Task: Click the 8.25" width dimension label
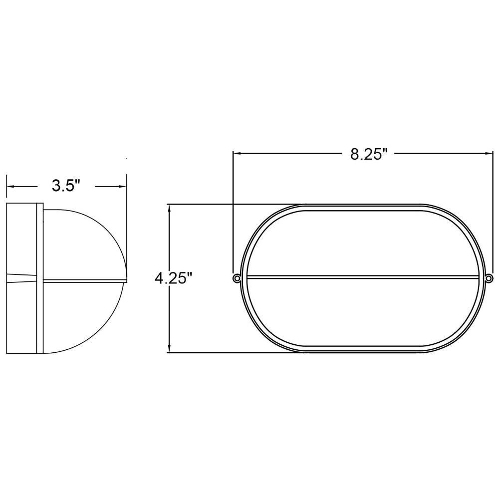point(369,154)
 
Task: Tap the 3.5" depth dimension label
point(65,186)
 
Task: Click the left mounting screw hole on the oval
point(237,278)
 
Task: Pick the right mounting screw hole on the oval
point(489,278)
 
